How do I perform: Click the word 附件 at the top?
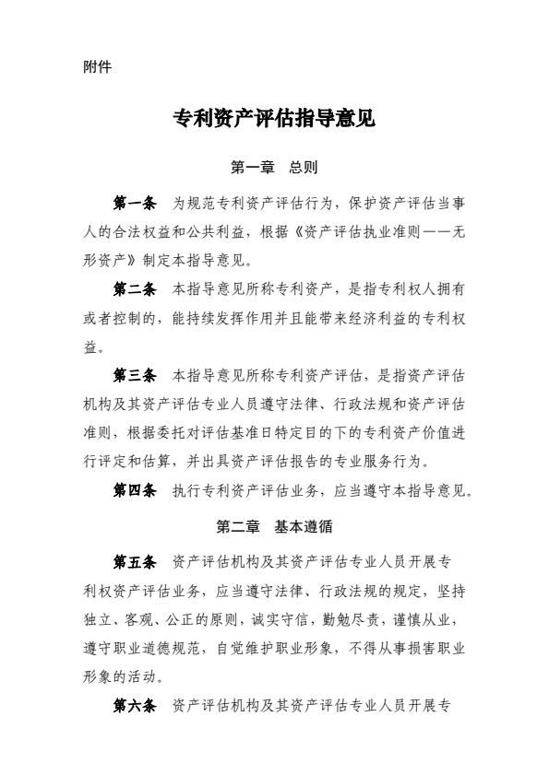(97, 66)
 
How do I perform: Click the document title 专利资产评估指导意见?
(274, 119)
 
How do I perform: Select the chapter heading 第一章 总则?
(274, 168)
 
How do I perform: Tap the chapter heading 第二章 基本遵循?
(274, 527)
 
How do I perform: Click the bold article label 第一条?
(135, 203)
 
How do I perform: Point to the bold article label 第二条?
(135, 289)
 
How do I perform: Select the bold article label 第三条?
(135, 376)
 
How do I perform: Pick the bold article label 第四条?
(135, 491)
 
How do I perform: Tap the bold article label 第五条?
(135, 562)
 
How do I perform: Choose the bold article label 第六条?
(135, 706)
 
